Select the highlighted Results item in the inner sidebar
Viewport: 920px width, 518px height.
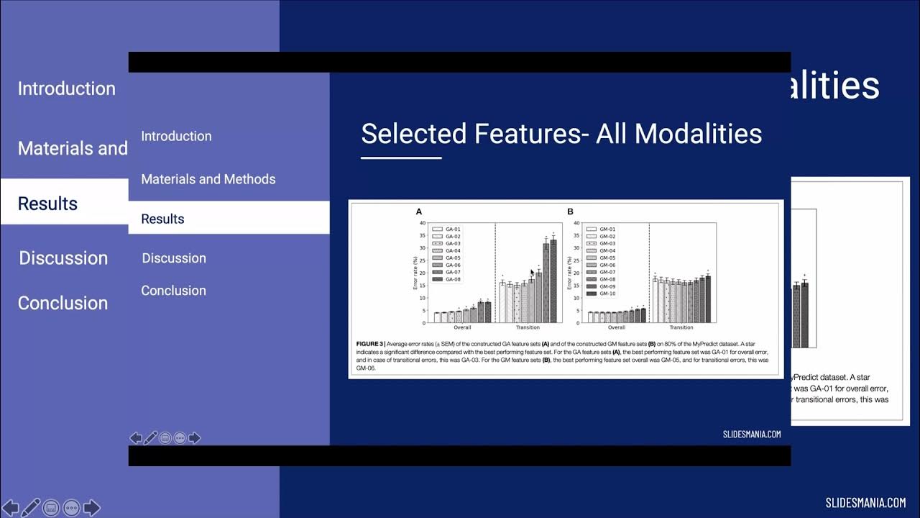pos(163,219)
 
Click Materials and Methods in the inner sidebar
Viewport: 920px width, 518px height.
pos(208,179)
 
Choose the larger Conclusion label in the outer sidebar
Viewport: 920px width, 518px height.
pos(63,303)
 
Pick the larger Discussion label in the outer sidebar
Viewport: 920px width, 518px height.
pos(63,258)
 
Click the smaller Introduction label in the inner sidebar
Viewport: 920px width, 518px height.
pos(176,136)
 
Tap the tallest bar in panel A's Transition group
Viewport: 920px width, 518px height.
pos(553,281)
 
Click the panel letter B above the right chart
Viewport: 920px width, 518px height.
pos(570,212)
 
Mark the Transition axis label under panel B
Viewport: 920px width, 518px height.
pos(681,327)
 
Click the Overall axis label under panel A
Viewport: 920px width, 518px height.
pos(462,327)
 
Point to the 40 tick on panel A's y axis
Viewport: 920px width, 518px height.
pos(422,222)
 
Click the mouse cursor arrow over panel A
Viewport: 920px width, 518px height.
pos(533,273)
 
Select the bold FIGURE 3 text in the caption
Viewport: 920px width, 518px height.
pos(371,344)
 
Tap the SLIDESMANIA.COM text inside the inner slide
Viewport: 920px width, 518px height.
pos(751,434)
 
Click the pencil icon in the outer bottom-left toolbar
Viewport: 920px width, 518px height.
pos(30,507)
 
